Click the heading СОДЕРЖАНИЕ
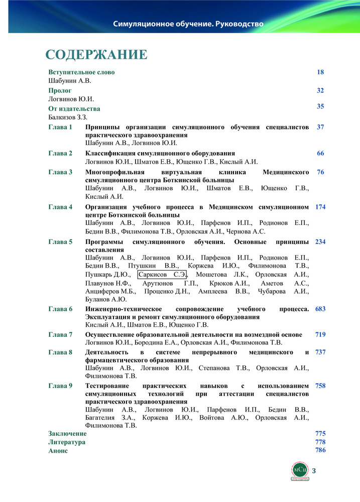click(96, 54)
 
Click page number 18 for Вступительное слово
click(320, 72)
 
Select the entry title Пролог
click(60, 91)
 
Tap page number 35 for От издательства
click(320, 106)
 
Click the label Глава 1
click(61, 128)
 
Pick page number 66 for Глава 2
click(320, 153)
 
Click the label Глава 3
click(61, 172)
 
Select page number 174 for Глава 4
click(320, 207)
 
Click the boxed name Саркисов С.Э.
click(162, 274)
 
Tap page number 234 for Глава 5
click(320, 242)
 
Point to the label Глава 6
click(61, 309)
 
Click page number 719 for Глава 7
click(320, 334)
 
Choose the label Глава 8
click(61, 352)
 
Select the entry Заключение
click(67, 433)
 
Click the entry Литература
click(67, 442)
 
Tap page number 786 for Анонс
click(320, 450)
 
